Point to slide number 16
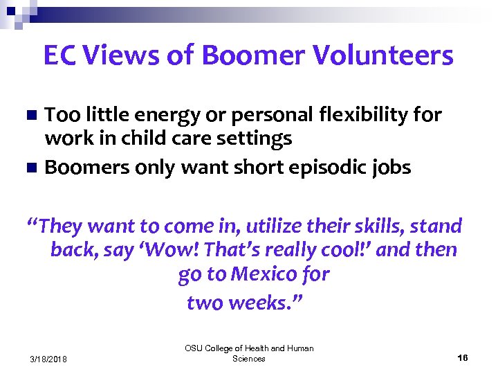[463, 357]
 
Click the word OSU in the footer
[194, 348]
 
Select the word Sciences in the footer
[249, 359]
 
